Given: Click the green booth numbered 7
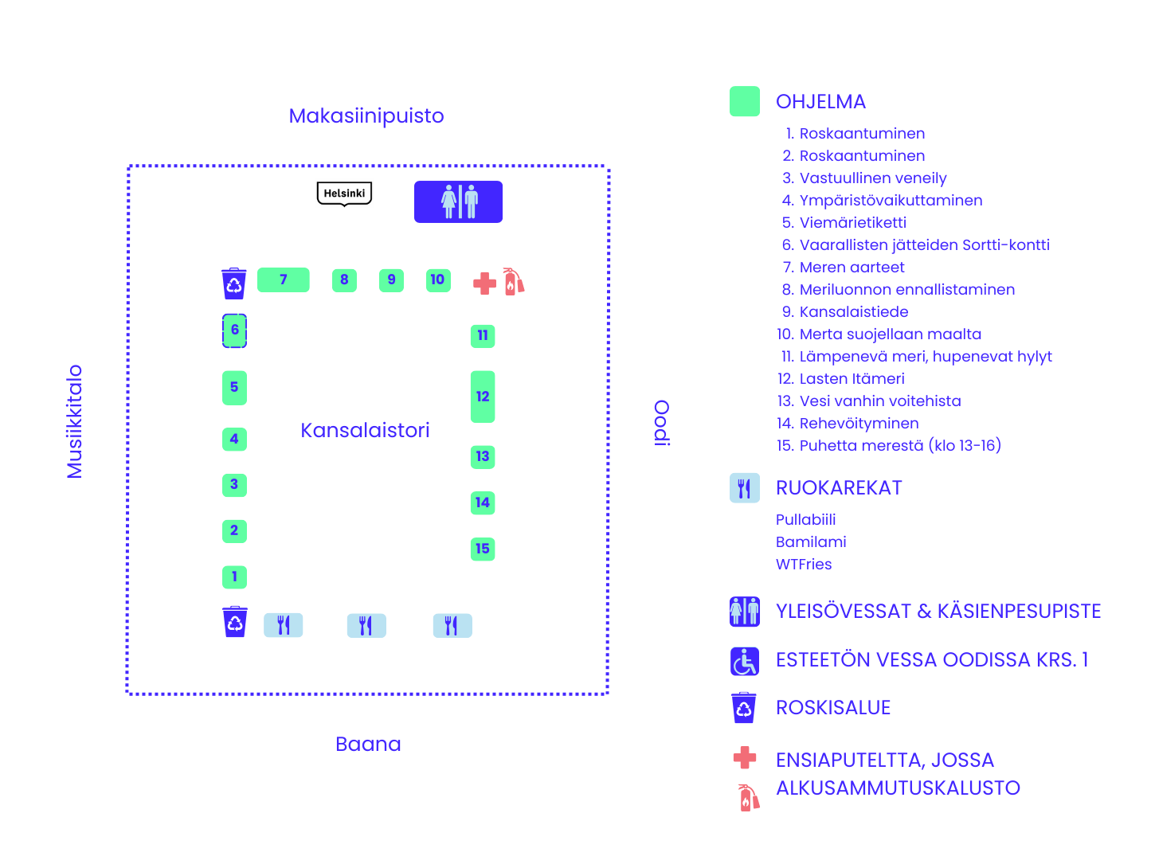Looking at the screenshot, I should [284, 280].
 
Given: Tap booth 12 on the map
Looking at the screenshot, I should [483, 397].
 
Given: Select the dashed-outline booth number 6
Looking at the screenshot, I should [234, 330].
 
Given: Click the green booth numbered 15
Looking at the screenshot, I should [483, 549].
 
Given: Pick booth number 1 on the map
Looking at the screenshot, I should [234, 577].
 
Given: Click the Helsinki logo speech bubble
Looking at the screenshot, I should [344, 193].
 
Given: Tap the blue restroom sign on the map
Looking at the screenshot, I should [458, 201].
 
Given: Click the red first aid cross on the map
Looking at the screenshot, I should [484, 283].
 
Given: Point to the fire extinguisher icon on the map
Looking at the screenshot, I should [514, 281].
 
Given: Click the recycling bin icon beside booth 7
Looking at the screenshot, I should [234, 283].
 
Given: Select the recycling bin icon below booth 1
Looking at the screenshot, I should [235, 622].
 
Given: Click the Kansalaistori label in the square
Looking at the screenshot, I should [365, 431].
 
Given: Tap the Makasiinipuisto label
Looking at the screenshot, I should [366, 116].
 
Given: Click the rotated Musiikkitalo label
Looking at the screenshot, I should [75, 421].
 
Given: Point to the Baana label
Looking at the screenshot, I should [368, 745].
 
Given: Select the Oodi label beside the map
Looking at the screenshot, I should [662, 422].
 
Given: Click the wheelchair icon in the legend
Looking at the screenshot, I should [745, 661].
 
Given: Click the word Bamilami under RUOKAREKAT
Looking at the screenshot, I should [811, 542].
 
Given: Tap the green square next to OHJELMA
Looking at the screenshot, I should [745, 102].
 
